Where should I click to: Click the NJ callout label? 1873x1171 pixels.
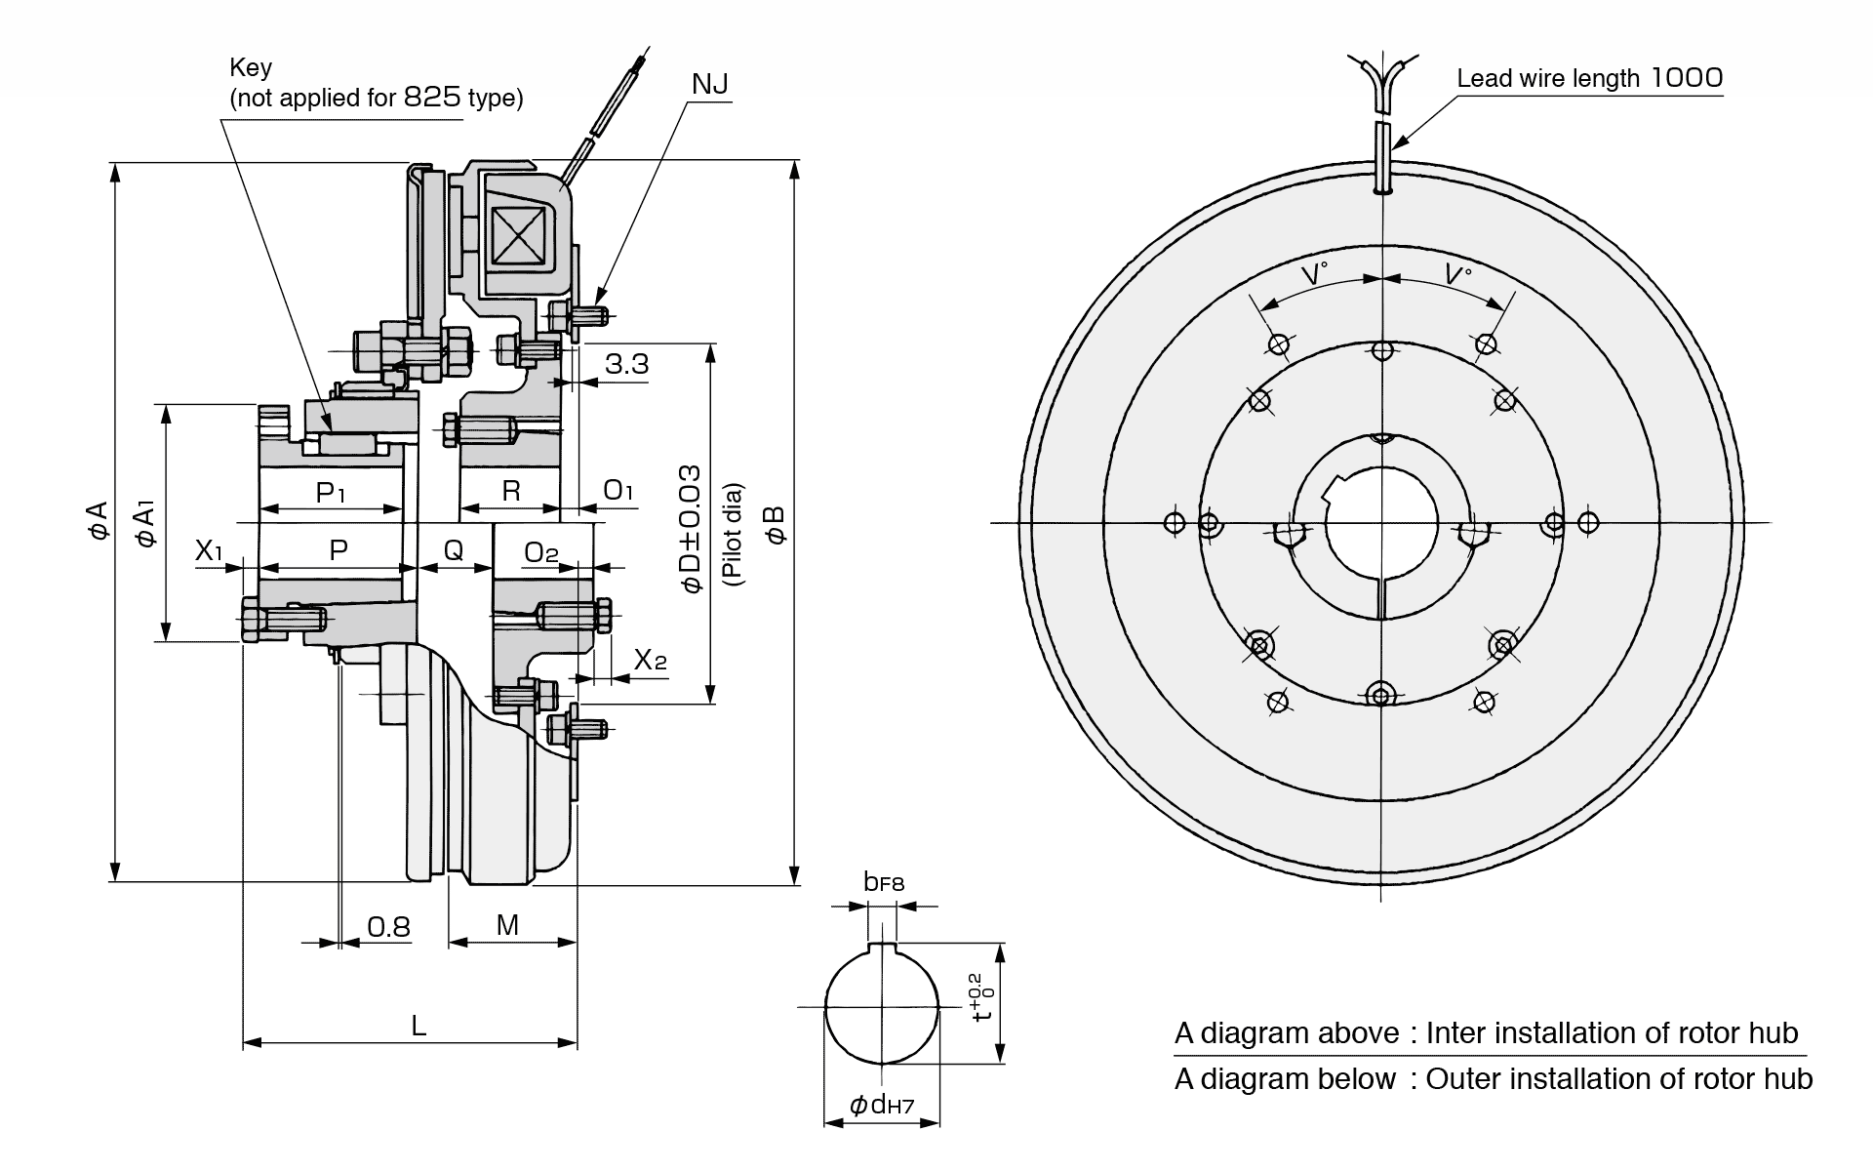(x=709, y=85)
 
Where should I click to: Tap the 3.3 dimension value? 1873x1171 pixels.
(x=626, y=364)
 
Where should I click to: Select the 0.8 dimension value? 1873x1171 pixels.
(x=388, y=926)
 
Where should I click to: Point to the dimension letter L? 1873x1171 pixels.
(x=418, y=1025)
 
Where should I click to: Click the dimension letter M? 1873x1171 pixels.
(x=507, y=924)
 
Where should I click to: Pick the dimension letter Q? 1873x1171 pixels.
(x=454, y=550)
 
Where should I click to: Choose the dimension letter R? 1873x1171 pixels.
(x=511, y=491)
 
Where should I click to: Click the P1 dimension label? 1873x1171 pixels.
(x=332, y=492)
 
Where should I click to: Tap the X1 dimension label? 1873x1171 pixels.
(x=209, y=550)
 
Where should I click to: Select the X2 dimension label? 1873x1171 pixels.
(x=650, y=660)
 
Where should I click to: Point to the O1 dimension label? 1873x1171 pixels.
(x=618, y=490)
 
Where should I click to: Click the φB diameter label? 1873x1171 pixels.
(x=776, y=523)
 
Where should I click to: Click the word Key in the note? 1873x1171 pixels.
(x=251, y=67)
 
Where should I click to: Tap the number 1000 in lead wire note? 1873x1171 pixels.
(x=1687, y=78)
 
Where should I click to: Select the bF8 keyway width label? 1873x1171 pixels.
(x=884, y=882)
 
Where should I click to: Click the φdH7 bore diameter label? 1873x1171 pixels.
(x=881, y=1105)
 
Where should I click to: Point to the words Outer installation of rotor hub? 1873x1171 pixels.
(x=1618, y=1078)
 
